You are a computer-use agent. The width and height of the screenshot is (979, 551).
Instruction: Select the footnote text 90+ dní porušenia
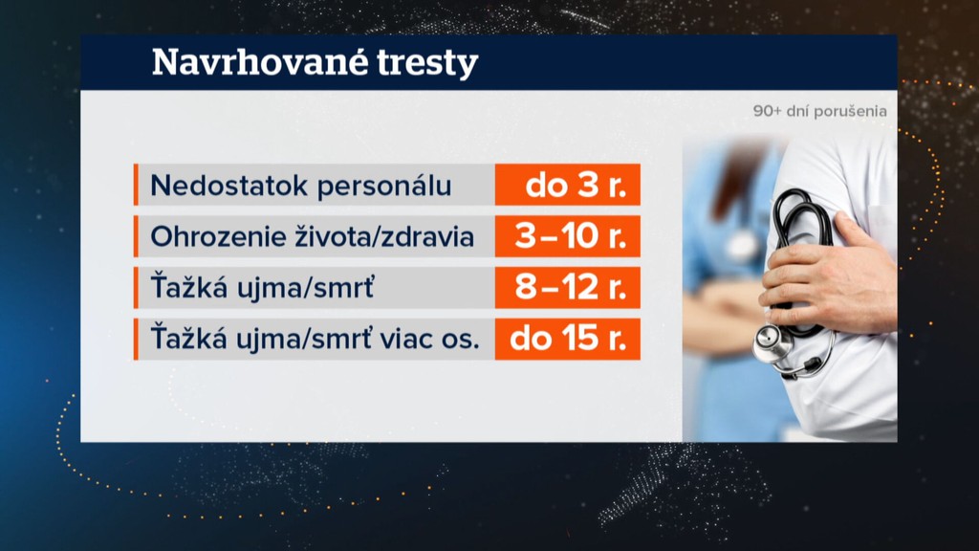[819, 111]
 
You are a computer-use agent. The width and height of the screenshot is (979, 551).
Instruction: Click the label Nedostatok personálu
[301, 186]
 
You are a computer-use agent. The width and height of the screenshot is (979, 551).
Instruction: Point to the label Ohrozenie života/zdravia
[313, 237]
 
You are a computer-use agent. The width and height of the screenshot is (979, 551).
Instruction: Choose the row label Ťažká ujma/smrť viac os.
[315, 339]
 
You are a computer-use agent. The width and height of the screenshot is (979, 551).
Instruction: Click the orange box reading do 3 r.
[568, 185]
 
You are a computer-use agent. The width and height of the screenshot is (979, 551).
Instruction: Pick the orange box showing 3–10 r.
[568, 236]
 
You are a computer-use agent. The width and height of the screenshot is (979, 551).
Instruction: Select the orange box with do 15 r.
[568, 339]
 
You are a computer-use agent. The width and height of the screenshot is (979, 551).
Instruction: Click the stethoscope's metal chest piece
[772, 343]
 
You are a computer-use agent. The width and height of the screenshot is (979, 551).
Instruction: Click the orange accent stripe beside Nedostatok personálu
[136, 185]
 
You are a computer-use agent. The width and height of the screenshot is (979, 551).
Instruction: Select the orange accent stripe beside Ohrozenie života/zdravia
[136, 236]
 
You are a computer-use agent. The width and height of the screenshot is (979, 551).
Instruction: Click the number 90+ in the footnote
[768, 111]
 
